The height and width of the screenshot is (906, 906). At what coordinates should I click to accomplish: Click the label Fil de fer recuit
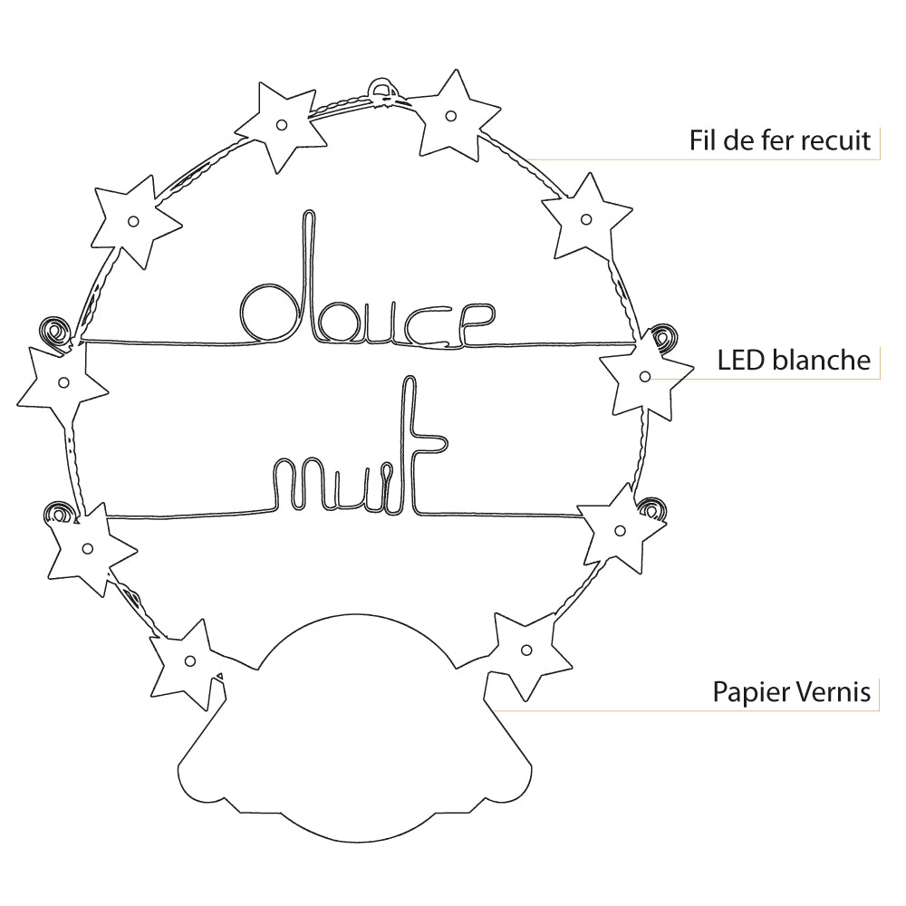[780, 140]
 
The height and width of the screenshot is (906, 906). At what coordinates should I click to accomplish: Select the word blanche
[823, 360]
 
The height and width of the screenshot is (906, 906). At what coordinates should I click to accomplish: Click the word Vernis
[834, 692]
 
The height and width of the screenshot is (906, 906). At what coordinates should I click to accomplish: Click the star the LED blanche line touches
[643, 375]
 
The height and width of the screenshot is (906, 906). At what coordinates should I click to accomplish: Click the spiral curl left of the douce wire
[56, 333]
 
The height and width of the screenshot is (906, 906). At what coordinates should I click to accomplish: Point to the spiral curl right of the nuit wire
[651, 507]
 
